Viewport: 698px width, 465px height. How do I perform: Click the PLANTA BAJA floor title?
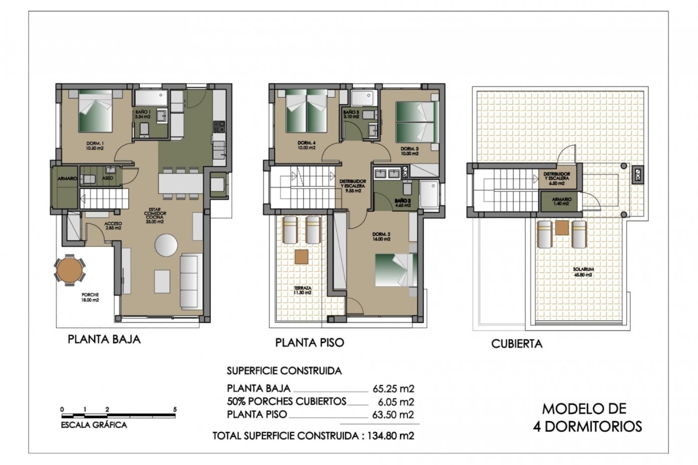point(104,340)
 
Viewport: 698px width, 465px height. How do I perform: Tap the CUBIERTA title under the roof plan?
point(517,344)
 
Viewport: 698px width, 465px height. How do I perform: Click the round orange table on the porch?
point(69,270)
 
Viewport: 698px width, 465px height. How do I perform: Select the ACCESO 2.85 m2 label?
point(113,226)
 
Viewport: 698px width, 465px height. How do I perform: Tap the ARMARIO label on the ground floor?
point(67,179)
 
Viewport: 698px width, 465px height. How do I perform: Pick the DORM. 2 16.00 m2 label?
point(381,236)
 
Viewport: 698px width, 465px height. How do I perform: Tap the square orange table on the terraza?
point(302,256)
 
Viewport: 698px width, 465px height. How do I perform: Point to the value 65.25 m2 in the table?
point(393,389)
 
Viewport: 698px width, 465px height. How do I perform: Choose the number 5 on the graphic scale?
point(175,409)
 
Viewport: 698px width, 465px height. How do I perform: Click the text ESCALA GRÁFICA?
point(94,425)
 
